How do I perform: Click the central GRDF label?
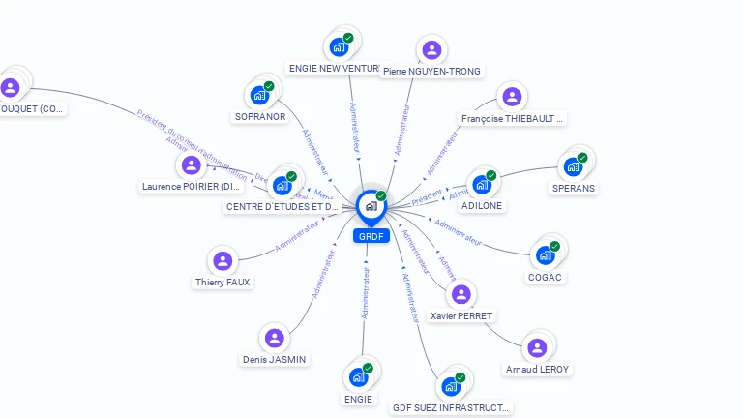click(371, 236)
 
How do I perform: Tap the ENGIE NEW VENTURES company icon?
click(339, 45)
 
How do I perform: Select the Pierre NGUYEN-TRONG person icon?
click(431, 49)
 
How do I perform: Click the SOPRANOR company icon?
click(259, 95)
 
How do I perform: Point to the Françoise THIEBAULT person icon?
click(512, 97)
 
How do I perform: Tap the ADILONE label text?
click(482, 206)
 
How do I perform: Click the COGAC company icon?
click(546, 255)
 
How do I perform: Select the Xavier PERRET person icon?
click(461, 294)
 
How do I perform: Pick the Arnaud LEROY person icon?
click(537, 347)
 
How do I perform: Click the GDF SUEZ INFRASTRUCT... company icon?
click(451, 386)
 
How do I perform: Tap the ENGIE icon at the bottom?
click(358, 376)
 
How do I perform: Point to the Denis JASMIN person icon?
click(274, 338)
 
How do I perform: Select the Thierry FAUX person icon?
click(223, 261)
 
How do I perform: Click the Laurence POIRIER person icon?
click(191, 164)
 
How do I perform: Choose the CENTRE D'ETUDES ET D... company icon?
click(282, 185)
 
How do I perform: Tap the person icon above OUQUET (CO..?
click(11, 88)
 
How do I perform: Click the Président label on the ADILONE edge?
click(427, 196)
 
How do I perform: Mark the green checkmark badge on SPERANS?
click(582, 157)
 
